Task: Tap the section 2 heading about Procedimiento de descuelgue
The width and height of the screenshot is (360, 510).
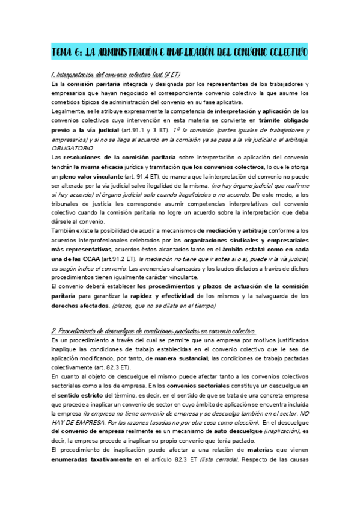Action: click(x=153, y=331)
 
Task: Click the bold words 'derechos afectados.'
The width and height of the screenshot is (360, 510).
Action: click(x=81, y=306)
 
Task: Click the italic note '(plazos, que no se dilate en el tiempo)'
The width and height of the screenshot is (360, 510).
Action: click(x=163, y=306)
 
